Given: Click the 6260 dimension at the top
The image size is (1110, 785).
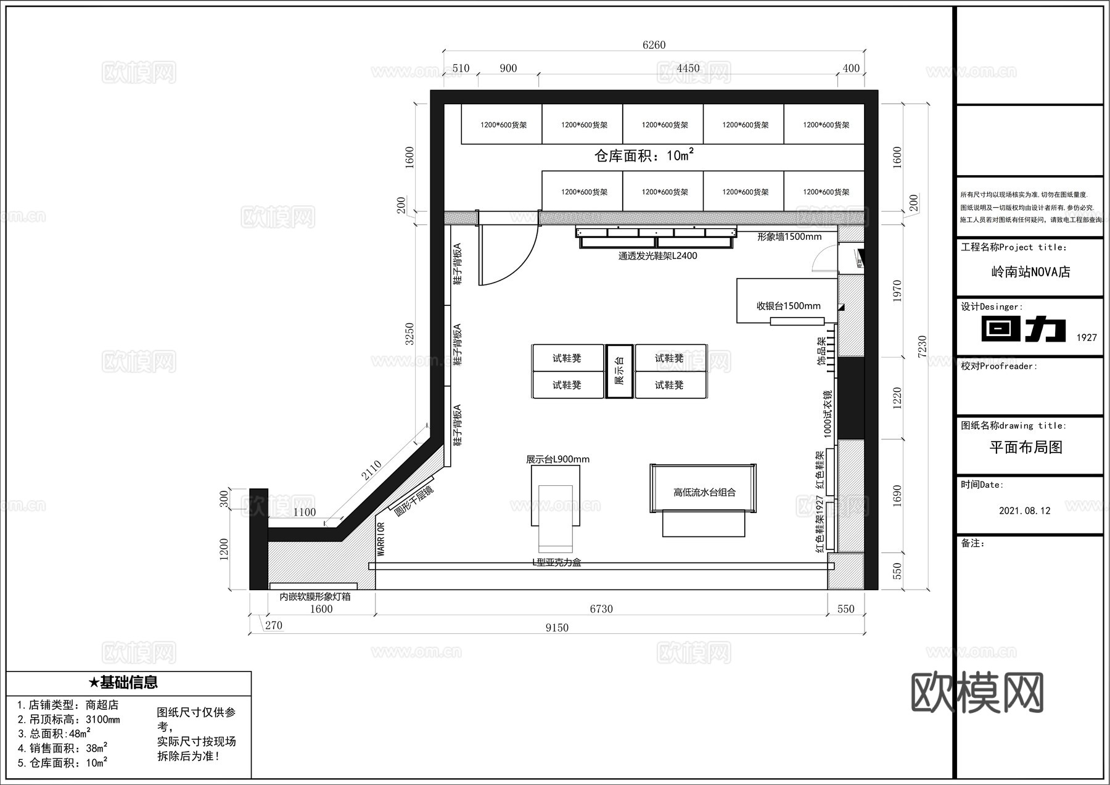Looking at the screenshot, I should (654, 45).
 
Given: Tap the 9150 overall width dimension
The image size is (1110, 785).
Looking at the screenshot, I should (557, 628).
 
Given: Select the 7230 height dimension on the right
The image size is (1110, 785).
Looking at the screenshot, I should (922, 347).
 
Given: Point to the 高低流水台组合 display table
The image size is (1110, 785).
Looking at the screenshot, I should (704, 492).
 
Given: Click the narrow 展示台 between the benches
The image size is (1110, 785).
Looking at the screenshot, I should (620, 371).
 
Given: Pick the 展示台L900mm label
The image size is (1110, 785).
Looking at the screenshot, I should (557, 459).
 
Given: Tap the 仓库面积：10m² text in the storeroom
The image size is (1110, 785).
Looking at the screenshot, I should (644, 155).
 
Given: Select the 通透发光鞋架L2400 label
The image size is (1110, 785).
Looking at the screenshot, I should (657, 256).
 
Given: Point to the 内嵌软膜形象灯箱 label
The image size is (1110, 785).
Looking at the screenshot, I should (314, 597).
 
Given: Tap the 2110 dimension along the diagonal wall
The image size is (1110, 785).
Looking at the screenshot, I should (371, 471).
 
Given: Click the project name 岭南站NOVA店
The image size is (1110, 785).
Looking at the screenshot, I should (1030, 272).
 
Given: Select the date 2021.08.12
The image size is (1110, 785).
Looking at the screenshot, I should (1024, 511).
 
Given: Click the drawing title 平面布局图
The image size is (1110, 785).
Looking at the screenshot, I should (1026, 448).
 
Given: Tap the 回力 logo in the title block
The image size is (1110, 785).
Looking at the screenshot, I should (1024, 329).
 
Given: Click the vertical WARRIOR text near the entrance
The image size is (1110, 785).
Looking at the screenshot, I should (381, 540).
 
